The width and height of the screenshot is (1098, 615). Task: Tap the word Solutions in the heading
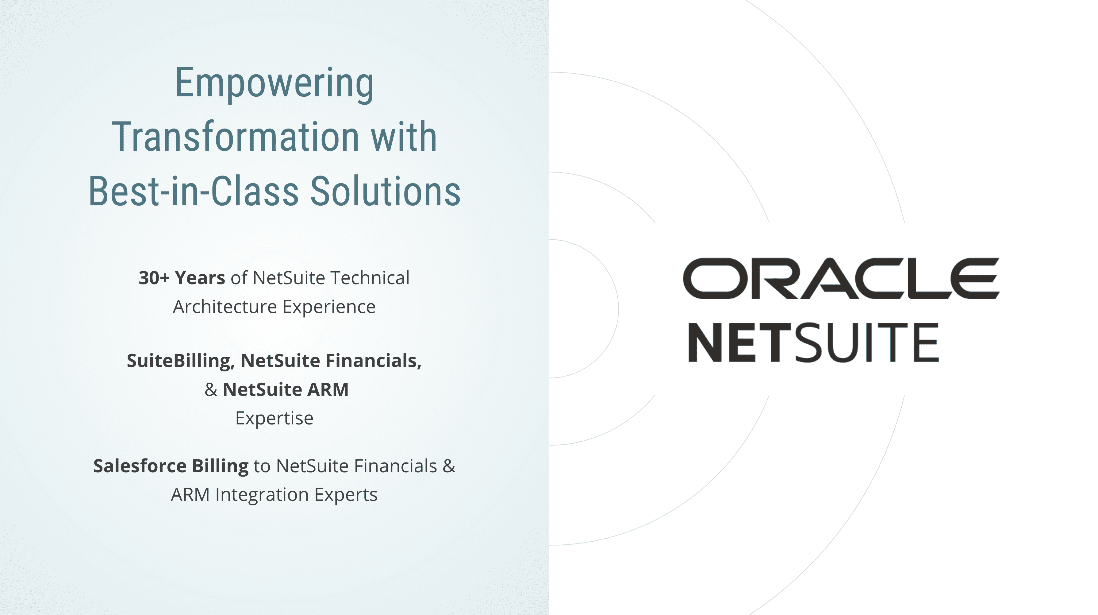(x=385, y=191)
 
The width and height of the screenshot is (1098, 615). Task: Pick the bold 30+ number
(x=154, y=278)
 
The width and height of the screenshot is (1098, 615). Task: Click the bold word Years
(x=200, y=278)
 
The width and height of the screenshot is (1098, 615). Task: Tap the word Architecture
(x=225, y=307)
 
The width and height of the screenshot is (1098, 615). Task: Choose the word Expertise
(x=274, y=418)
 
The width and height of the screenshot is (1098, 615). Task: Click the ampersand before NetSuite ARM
(x=211, y=389)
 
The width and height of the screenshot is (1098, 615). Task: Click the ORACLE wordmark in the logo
(x=841, y=278)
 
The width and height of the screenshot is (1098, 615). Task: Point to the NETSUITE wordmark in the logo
(x=814, y=342)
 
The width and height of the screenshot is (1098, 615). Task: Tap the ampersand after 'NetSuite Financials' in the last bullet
(x=449, y=466)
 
